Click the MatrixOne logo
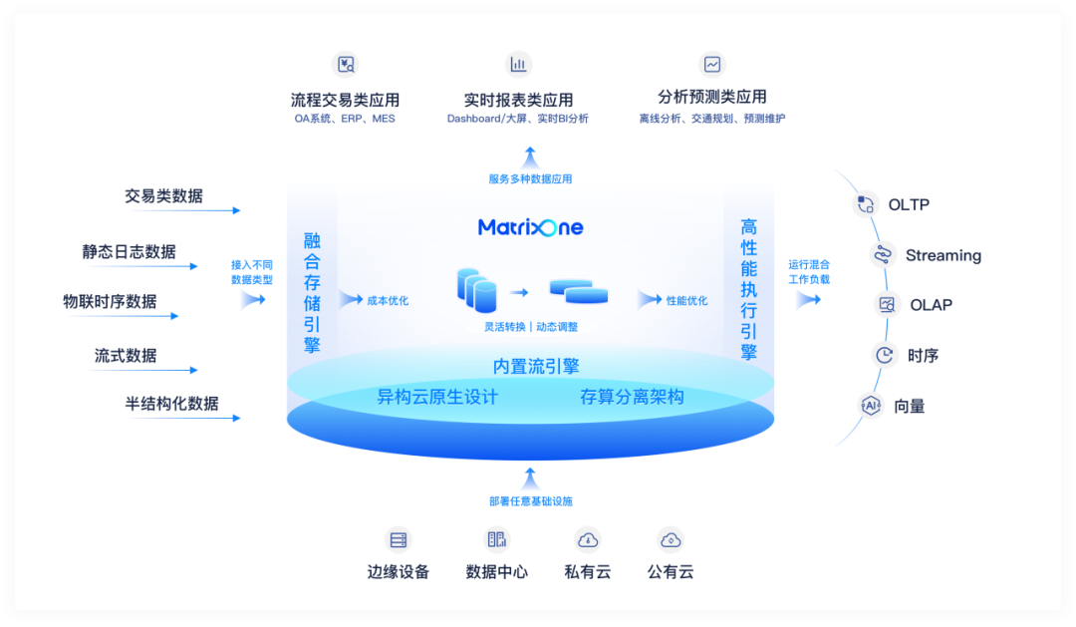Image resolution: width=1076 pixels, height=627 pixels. click(x=530, y=227)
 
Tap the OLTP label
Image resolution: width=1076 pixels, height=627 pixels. click(x=909, y=204)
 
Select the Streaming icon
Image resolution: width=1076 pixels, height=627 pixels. click(x=882, y=255)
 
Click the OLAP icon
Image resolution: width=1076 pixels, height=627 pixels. click(x=886, y=305)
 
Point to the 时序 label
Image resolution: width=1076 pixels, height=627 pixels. click(x=924, y=355)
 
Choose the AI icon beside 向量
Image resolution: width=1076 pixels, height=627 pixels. click(x=872, y=406)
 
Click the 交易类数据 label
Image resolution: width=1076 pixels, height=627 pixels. click(x=163, y=196)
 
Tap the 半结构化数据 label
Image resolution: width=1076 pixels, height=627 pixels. click(x=171, y=404)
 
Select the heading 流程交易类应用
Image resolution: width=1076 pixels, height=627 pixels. click(x=345, y=100)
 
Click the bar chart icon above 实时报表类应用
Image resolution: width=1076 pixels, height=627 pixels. click(x=518, y=65)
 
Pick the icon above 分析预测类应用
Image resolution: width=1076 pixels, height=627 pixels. click(x=712, y=64)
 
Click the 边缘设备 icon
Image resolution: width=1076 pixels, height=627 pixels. click(x=399, y=540)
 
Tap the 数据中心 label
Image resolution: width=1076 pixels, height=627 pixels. click(x=496, y=572)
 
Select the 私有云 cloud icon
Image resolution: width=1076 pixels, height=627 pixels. click(x=588, y=540)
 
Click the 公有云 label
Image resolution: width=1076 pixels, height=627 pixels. click(x=671, y=572)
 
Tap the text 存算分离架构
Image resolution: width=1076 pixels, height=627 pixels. click(x=632, y=397)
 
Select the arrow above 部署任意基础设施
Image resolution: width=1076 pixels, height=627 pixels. click(x=530, y=475)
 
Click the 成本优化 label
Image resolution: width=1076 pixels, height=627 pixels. click(x=388, y=300)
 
